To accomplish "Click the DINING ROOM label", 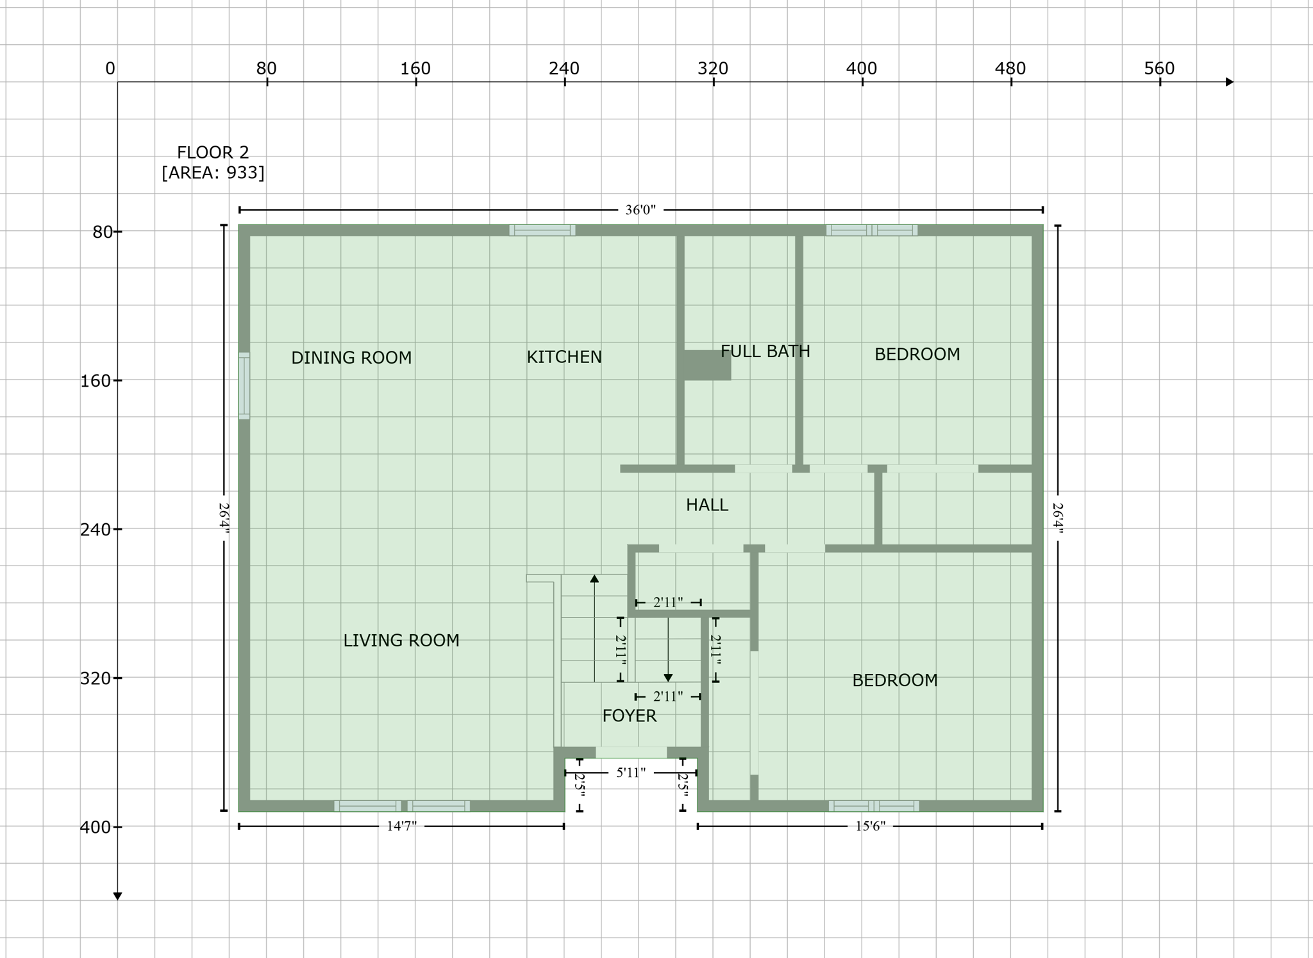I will [351, 358].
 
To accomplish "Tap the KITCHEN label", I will [564, 357].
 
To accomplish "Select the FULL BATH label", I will [765, 351].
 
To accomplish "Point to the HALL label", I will [707, 505].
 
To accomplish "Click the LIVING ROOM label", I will [401, 641].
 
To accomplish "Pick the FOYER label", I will [630, 716].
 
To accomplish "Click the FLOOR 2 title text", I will [213, 153].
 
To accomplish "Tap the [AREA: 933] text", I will [213, 173].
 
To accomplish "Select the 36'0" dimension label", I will [640, 210].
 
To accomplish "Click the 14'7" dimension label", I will [401, 827].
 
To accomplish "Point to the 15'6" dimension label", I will [870, 827].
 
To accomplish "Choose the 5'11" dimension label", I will [631, 773].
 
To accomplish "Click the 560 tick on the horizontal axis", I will [1159, 69].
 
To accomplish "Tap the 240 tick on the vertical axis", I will [96, 530].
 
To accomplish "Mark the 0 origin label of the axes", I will [110, 69].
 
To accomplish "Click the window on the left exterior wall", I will [244, 385].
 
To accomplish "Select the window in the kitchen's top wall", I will [542, 230].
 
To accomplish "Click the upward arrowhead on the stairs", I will [594, 578].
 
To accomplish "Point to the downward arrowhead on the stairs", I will [668, 678].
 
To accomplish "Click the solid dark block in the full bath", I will [707, 365].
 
